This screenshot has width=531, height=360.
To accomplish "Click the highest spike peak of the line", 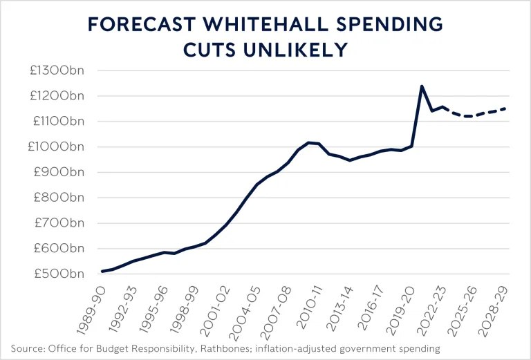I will click(422, 86).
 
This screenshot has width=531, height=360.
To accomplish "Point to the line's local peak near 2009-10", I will click(309, 142).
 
